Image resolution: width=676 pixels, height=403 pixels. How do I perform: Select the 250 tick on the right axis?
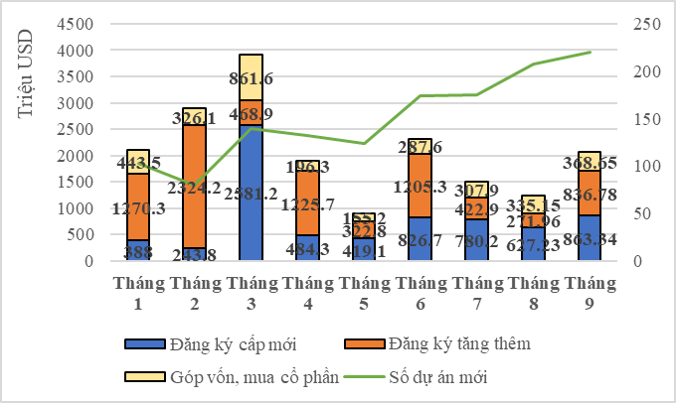coord(639,24)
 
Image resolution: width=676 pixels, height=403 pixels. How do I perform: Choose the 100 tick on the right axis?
coord(639,166)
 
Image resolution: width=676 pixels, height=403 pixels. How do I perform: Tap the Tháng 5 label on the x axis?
coord(364,292)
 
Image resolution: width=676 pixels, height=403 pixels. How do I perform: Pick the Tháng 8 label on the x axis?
coord(534,292)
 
